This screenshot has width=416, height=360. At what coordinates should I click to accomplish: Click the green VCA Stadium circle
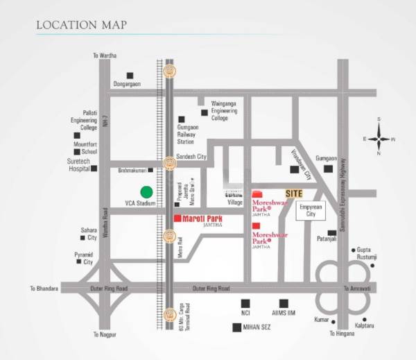pos(146,192)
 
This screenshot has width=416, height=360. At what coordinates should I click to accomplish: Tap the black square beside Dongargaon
pos(129,76)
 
